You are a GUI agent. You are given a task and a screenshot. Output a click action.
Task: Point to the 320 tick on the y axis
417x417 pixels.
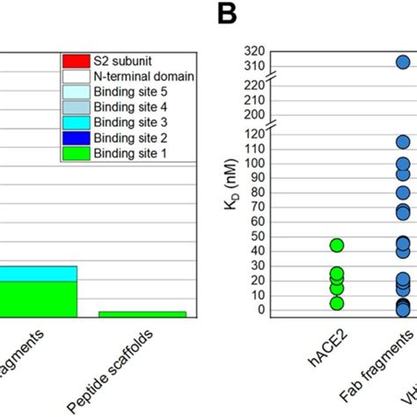(254, 50)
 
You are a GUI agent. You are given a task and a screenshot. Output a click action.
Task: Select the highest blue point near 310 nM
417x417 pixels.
(402, 62)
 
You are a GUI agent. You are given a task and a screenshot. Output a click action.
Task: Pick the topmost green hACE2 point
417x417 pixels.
(337, 245)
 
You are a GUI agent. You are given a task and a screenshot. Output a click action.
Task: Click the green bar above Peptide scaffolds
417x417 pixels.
(143, 314)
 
